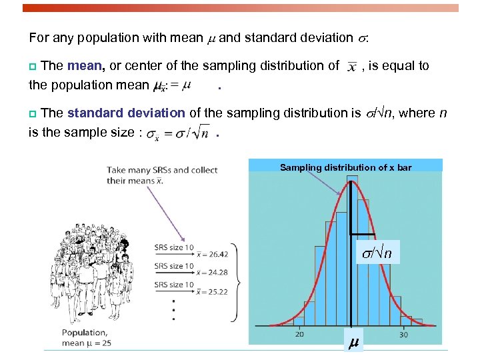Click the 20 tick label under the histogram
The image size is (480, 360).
pyautogui.click(x=299, y=334)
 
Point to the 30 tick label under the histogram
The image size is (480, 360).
pyautogui.click(x=404, y=334)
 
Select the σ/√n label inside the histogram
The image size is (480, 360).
pyautogui.click(x=377, y=253)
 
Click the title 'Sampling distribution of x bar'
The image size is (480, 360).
pyautogui.click(x=345, y=167)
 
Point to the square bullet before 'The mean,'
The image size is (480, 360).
pyautogui.click(x=33, y=66)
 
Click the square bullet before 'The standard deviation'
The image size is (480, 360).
pyautogui.click(x=33, y=113)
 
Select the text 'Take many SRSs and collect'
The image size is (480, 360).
pyautogui.click(x=162, y=170)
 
